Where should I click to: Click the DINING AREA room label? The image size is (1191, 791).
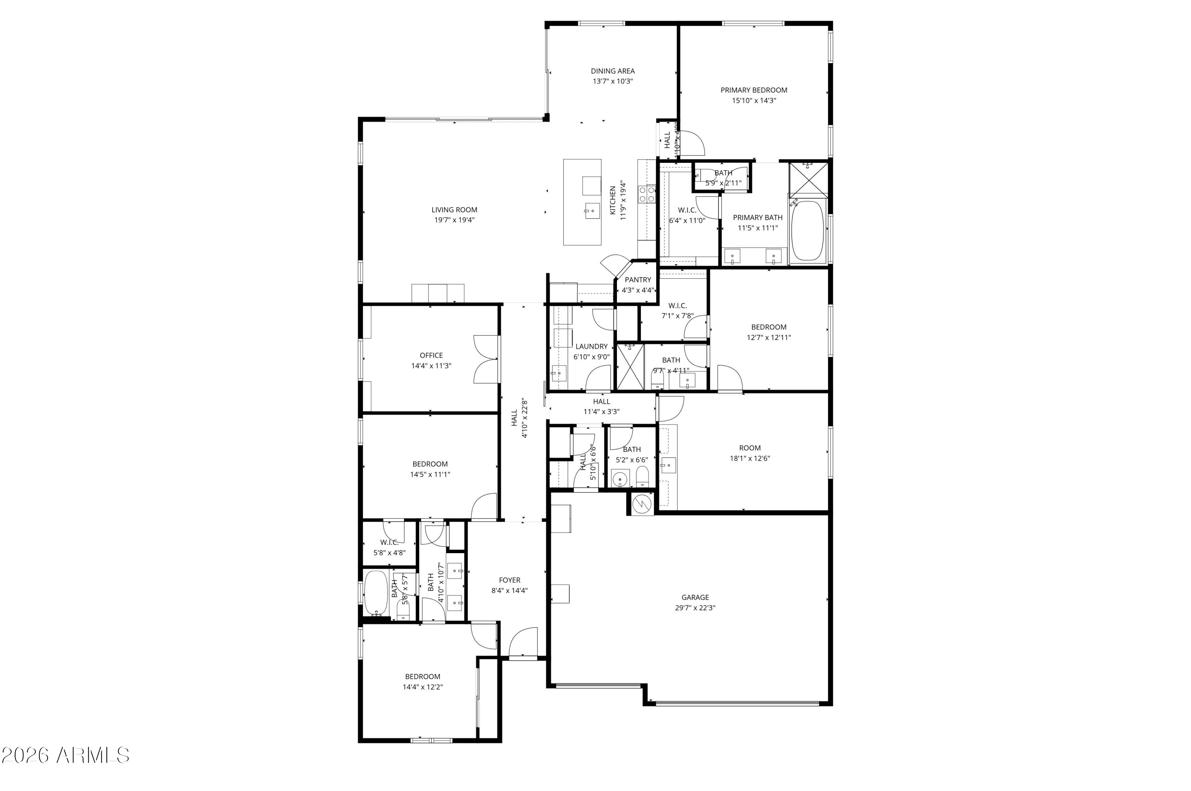(x=613, y=71)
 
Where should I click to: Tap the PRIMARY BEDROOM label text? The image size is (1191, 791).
(x=754, y=90)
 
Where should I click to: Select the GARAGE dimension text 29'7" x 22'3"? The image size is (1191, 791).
(x=695, y=608)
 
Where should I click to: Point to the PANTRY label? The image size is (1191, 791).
(x=638, y=280)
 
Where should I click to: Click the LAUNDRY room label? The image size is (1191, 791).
(x=592, y=347)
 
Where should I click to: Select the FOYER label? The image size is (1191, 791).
(x=509, y=580)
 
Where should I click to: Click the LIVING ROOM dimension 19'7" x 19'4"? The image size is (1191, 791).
(x=454, y=220)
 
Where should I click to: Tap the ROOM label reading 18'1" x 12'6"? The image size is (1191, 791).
(x=750, y=448)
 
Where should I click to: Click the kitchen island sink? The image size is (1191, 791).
(x=592, y=211)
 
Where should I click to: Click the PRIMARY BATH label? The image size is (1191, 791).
(x=757, y=218)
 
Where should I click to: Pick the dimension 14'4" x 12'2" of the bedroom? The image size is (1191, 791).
(x=422, y=687)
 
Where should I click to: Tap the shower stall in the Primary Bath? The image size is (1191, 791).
(x=808, y=179)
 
